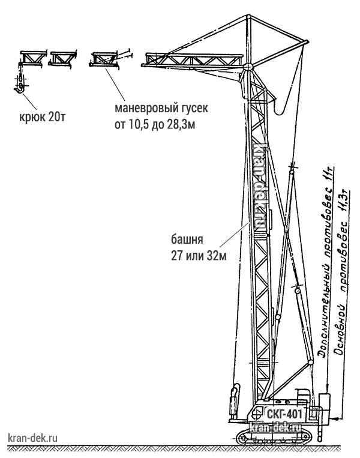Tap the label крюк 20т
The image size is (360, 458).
[x=43, y=117]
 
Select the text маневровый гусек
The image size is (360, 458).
[x=161, y=108]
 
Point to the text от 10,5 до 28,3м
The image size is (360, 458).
[x=155, y=125]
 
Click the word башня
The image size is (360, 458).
[x=187, y=240]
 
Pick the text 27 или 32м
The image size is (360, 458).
[x=199, y=256]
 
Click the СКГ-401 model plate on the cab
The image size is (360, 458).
[x=284, y=414]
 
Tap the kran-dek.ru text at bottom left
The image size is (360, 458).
[x=33, y=438]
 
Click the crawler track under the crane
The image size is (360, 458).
[x=274, y=436]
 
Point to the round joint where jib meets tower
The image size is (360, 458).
[x=248, y=66]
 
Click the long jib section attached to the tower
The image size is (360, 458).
[x=193, y=61]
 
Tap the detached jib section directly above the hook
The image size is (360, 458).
[x=33, y=58]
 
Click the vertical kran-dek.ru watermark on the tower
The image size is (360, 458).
[x=262, y=186]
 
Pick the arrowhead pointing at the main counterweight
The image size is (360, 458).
[x=335, y=418]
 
